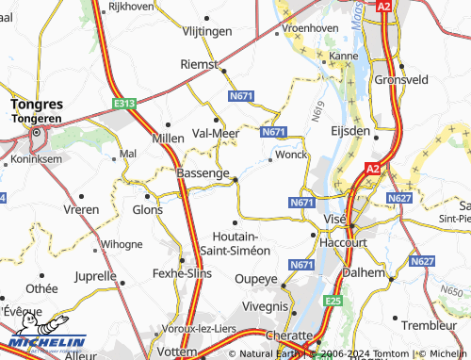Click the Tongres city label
point(37,105)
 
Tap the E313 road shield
point(123,103)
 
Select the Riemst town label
point(198,64)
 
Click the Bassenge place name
point(203,173)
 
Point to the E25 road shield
point(330,300)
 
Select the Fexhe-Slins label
point(181,273)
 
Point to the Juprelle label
point(95,277)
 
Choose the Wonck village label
point(291,154)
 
